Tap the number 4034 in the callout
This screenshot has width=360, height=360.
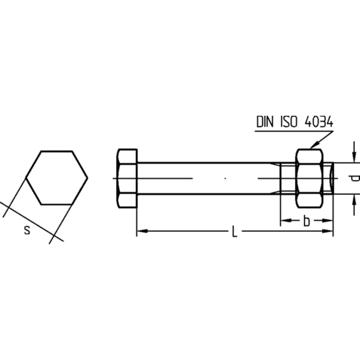coord(319,122)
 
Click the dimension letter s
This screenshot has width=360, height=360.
coord(27,230)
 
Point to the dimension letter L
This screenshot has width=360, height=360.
coord(234,231)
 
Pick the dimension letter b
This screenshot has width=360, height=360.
coord(307,221)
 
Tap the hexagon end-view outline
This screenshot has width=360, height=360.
coord(56,151)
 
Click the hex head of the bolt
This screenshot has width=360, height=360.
coord(127,178)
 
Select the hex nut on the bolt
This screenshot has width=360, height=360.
coord(309,178)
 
